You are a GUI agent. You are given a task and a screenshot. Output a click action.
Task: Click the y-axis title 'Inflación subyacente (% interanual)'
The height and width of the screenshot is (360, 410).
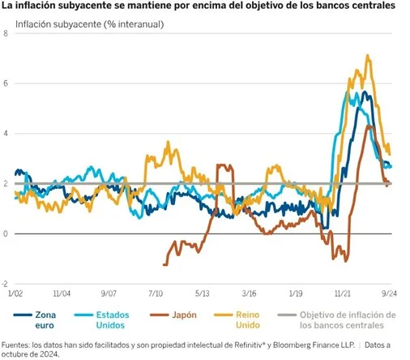90,24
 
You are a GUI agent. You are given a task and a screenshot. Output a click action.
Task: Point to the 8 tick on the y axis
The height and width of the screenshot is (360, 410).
6,34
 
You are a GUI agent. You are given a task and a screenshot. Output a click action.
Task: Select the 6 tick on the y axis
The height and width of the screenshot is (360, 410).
6,84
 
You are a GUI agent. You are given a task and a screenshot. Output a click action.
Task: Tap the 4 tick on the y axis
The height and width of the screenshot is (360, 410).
6,134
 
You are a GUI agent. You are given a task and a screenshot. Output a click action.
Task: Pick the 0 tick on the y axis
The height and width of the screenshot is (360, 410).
6,234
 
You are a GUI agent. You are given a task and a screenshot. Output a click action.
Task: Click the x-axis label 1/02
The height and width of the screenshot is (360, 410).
15,293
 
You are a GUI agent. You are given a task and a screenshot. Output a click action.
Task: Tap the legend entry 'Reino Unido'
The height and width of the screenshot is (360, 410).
247,319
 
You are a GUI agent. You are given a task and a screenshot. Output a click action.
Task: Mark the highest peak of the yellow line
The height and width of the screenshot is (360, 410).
369,56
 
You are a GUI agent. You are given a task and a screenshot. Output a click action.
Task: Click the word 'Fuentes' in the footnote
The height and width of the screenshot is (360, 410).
18,343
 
